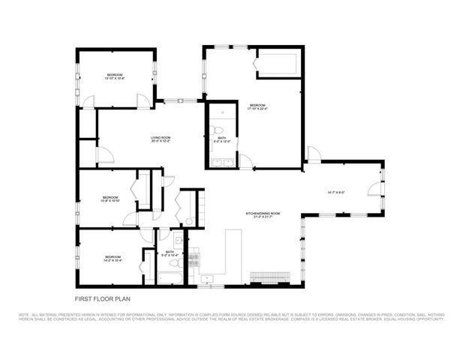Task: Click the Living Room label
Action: (x=161, y=137)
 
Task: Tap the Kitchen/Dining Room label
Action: (x=263, y=214)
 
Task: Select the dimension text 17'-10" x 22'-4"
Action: (x=257, y=109)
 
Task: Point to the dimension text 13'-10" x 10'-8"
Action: (x=114, y=78)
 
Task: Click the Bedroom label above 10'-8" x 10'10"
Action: (x=110, y=196)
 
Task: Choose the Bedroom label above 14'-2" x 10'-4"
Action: (x=113, y=256)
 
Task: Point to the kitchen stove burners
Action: (x=193, y=260)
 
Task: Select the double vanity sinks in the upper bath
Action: (x=221, y=162)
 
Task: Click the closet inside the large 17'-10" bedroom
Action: (x=278, y=63)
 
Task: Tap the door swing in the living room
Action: (x=105, y=155)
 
